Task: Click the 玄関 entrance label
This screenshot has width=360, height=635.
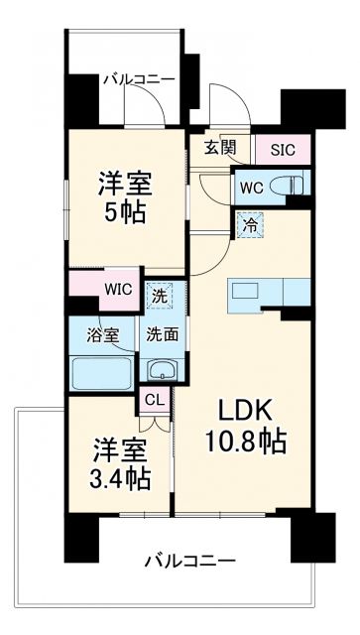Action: pos(221,149)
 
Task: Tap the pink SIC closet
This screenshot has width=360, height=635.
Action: pos(282,150)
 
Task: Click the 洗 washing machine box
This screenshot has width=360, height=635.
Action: pos(159,294)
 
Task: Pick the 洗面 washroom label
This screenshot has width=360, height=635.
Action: pos(161,334)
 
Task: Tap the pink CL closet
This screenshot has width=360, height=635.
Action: pos(154,401)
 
